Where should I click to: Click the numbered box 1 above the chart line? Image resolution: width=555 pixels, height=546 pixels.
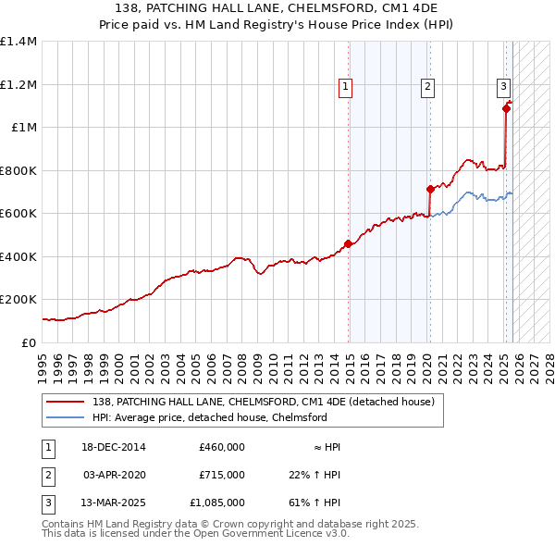344,88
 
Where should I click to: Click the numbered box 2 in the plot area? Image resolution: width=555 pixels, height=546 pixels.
428,88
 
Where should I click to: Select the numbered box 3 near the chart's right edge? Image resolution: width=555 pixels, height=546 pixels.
504,88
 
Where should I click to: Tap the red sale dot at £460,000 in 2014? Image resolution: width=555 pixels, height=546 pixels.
348,244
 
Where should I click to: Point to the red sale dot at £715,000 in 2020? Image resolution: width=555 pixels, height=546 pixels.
430,189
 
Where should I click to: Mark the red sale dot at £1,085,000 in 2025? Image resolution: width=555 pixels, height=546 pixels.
506,109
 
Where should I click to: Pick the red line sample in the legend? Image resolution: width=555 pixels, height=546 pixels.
67,402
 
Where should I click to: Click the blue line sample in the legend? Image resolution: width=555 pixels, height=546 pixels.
67,417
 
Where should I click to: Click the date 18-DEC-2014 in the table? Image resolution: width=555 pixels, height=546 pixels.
115,447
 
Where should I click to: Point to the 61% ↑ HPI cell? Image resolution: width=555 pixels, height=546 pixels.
315,503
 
